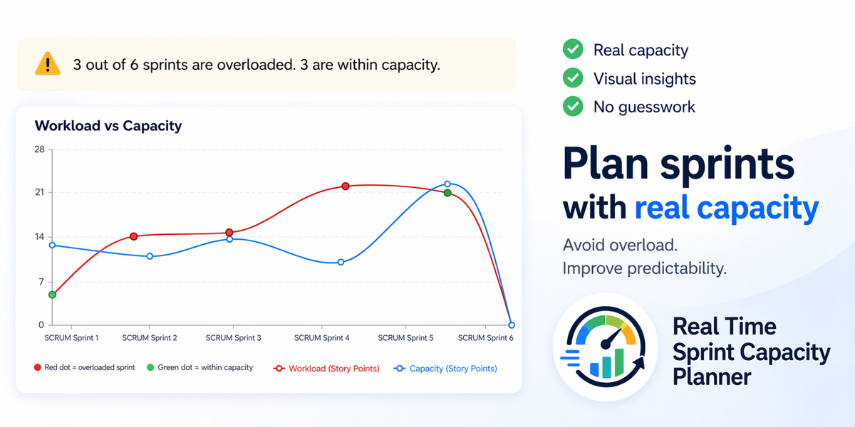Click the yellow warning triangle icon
coord(48,63)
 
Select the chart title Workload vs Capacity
coord(108,126)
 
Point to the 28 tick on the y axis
coord(39,149)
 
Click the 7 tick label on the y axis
coord(41,282)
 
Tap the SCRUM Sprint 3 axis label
coord(233,338)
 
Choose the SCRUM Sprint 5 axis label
coord(405,338)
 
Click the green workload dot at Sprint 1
coord(53,295)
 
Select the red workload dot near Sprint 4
coord(346,186)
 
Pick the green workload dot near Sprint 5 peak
coord(447,193)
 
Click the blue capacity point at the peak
coord(447,184)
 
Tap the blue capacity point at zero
coord(512,325)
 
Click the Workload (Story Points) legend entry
coord(326,369)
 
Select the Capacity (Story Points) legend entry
coord(445,369)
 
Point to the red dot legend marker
coord(37,367)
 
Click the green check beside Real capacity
coord(573,49)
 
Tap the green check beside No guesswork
coord(573,106)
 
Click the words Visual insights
coord(645,79)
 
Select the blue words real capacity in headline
coord(727,208)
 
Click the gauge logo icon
coord(606,347)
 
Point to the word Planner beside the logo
coord(712,377)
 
